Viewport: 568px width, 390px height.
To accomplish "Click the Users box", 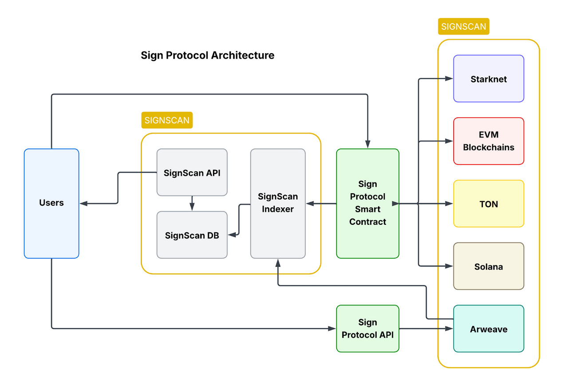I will (51, 203).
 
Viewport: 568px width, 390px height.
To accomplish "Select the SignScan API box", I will (192, 172).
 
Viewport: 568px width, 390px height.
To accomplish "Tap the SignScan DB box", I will (192, 235).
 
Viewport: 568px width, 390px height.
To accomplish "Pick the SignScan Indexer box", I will (278, 203).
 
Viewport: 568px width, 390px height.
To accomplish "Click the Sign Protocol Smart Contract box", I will (367, 203).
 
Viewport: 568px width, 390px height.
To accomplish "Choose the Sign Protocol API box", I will (367, 329).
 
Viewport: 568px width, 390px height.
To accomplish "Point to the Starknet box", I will (489, 79).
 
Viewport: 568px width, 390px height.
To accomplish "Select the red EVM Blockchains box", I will (489, 141).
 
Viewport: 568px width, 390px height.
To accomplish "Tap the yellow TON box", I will (489, 204).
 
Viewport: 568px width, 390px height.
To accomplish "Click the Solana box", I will (489, 267).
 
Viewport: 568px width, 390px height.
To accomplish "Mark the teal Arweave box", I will (489, 329).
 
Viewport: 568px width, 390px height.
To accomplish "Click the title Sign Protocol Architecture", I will (208, 55).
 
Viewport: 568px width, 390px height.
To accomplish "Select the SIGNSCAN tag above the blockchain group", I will (463, 26).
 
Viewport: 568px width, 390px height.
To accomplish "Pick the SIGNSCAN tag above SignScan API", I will (167, 120).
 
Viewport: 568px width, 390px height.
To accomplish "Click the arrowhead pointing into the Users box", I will (84, 203).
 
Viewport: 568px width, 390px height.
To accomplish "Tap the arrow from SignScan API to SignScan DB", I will (192, 203).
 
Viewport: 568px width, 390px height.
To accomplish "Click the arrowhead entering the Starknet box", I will (449, 79).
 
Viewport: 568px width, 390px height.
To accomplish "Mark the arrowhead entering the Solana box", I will (449, 267).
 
